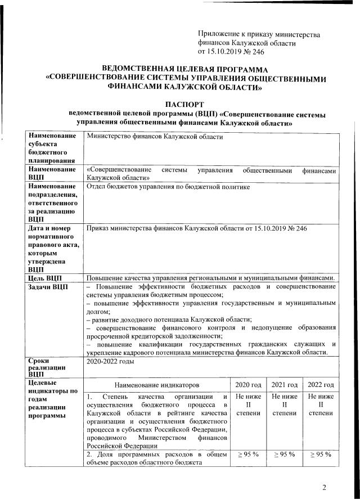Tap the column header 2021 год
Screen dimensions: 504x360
pos(284,385)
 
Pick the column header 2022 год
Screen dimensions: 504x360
pos(320,385)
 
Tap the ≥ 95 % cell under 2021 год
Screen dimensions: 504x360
pos(284,454)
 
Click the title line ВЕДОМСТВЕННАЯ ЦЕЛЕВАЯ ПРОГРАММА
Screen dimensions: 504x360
pos(185,68)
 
